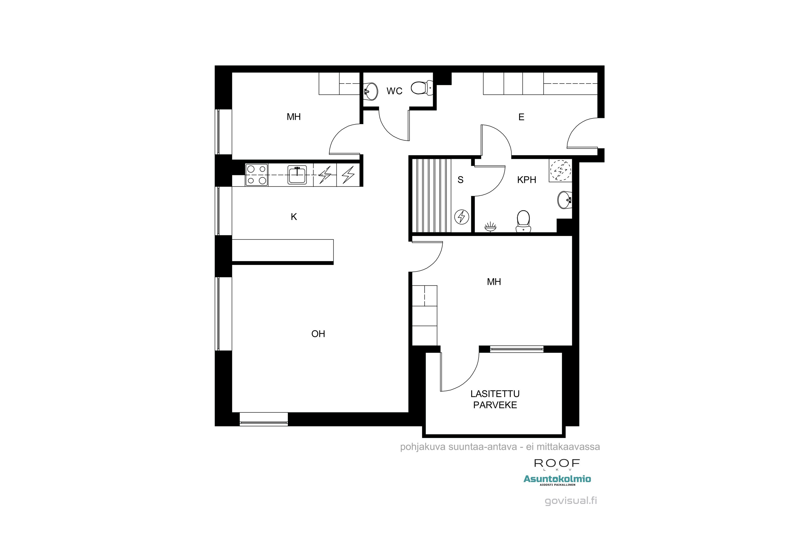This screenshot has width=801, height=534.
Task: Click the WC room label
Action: tap(394, 91)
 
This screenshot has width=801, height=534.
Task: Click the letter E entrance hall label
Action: tap(521, 117)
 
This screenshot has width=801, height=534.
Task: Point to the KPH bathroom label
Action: tap(527, 180)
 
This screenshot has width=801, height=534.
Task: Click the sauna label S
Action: tap(460, 180)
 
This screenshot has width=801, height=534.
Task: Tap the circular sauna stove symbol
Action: tap(462, 216)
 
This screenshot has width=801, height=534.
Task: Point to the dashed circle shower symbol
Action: tap(560, 170)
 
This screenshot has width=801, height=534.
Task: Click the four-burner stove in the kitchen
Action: tap(256, 175)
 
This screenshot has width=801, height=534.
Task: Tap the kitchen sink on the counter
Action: tap(297, 175)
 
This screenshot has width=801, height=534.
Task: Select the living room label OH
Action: tap(318, 334)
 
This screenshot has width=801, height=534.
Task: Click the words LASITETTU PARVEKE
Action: tap(495, 399)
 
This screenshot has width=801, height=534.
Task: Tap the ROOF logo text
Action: tap(556, 463)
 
